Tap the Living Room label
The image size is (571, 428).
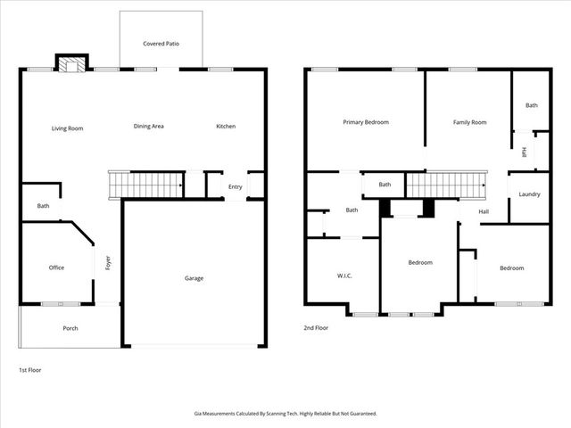67,128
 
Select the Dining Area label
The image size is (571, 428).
149,127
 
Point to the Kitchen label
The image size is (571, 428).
226,127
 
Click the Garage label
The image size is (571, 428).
194,278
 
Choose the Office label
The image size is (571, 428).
56,267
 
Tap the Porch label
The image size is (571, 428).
70,328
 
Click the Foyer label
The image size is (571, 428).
108,264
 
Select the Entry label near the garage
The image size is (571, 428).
235,186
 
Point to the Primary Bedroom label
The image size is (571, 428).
366,122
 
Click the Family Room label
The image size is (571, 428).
469,122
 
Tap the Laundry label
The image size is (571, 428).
529,194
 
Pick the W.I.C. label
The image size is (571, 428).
344,276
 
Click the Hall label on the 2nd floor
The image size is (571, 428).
484,211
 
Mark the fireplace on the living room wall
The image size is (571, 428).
72,63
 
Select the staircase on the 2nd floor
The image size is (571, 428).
446,185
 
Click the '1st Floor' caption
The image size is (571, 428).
30,369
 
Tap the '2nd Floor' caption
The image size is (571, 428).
317,328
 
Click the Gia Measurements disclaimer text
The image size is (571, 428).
285,413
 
